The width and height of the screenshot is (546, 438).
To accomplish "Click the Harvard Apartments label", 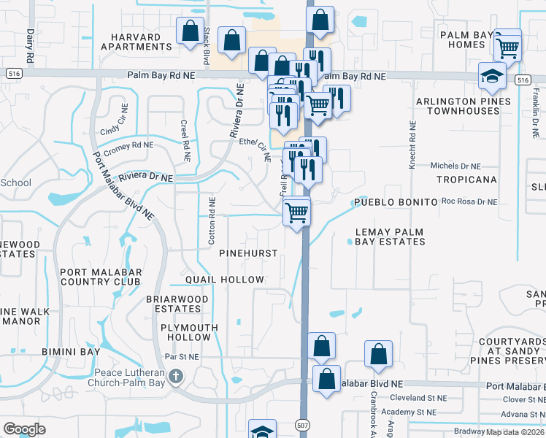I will click(x=136, y=41).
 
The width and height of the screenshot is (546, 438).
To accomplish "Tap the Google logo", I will click(x=24, y=429).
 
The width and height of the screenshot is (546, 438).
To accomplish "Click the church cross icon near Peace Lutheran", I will click(x=174, y=377).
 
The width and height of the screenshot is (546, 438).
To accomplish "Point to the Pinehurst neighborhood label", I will click(x=248, y=253).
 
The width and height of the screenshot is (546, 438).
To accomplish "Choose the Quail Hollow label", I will click(x=225, y=280).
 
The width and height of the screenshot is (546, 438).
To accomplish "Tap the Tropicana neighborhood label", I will click(x=466, y=179).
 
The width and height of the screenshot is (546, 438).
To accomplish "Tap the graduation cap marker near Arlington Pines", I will click(x=493, y=76).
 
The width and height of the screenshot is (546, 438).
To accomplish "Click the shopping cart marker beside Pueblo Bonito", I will click(x=296, y=212).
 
